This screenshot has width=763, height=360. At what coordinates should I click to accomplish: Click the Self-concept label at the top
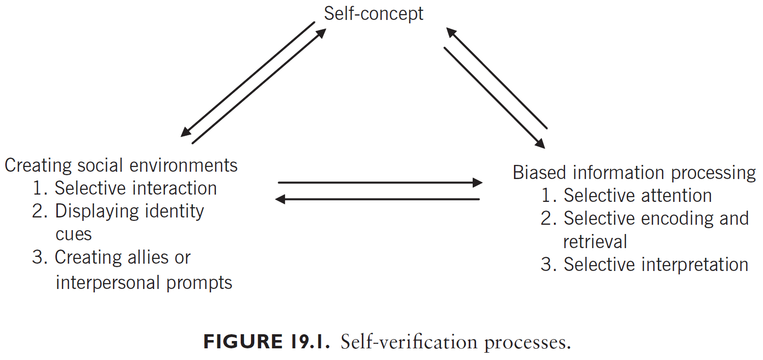[x=373, y=14]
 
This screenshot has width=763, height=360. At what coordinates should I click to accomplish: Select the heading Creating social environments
[x=121, y=165]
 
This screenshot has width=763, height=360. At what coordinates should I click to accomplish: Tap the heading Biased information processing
[x=634, y=173]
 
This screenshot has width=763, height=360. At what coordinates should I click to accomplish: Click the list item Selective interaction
[x=136, y=188]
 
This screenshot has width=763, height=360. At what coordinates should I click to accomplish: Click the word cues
[x=73, y=234]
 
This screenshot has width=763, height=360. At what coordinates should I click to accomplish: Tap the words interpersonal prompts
[x=144, y=283]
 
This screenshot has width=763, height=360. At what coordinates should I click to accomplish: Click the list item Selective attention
[x=637, y=196]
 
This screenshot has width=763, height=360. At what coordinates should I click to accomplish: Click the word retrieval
[x=595, y=242]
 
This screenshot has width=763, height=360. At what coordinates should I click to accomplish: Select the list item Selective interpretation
[x=656, y=265]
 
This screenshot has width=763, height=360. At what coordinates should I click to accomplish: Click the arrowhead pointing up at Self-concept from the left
[x=321, y=33]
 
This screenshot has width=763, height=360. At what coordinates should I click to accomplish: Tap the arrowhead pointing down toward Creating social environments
[x=185, y=132]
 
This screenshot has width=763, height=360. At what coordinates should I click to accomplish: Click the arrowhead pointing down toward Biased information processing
[x=540, y=144]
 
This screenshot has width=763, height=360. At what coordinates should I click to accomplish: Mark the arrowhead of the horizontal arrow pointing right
[x=478, y=183]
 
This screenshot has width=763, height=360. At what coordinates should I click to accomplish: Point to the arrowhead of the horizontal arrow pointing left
[x=280, y=199]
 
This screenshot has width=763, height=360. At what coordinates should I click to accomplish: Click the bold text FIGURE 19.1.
[x=266, y=342]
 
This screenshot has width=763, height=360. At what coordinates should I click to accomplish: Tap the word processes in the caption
[x=527, y=343]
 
